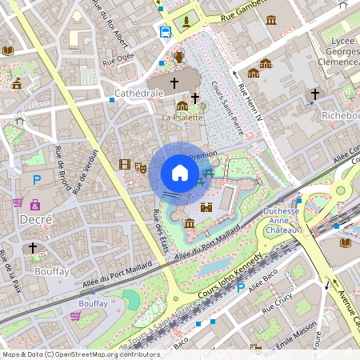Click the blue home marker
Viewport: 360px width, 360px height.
[x=180, y=173]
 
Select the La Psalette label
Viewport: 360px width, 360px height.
[x=183, y=118]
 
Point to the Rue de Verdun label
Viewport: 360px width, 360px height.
[x=86, y=171]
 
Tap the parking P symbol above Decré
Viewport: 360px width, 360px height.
[x=36, y=182]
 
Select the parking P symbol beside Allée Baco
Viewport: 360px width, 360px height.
[x=241, y=286]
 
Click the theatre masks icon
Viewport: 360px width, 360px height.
[x=139, y=168]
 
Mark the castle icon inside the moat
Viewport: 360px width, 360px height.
[x=206, y=206]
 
